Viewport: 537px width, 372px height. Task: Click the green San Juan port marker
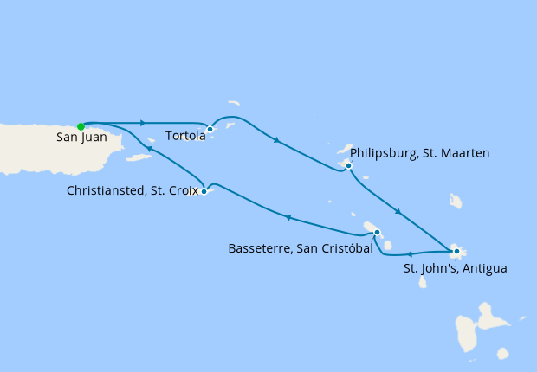click(x=81, y=126)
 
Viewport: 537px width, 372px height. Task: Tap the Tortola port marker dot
click(x=210, y=129)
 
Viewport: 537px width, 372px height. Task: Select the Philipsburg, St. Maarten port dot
click(x=348, y=165)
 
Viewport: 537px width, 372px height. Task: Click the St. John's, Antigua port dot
click(x=456, y=252)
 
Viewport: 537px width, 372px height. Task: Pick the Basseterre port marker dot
click(x=377, y=231)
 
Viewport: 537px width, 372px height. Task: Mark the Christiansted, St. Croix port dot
click(x=204, y=191)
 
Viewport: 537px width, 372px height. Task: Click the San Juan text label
click(x=81, y=138)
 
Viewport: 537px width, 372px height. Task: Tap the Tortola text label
click(x=184, y=136)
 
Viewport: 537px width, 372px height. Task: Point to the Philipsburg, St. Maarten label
click(x=420, y=153)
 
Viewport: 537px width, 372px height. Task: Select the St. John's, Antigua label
click(x=456, y=268)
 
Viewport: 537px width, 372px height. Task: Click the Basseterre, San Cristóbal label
click(x=300, y=248)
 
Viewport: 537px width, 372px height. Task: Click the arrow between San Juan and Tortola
click(x=142, y=123)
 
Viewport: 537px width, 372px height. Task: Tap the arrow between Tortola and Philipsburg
click(x=275, y=140)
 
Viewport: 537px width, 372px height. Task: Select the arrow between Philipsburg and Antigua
click(x=398, y=211)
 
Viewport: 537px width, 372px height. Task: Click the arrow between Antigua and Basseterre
click(x=408, y=254)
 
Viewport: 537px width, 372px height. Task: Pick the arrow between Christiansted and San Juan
click(x=150, y=149)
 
